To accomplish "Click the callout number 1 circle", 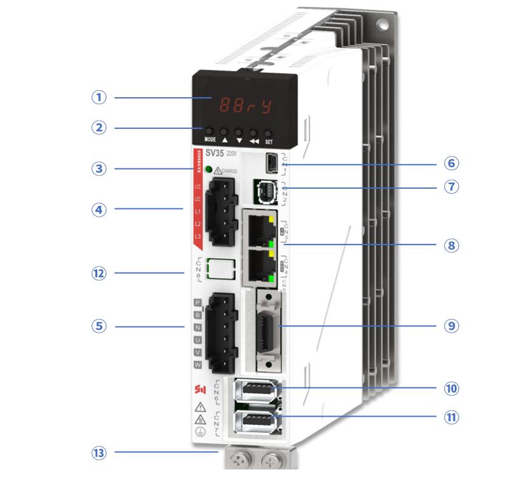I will (x=98, y=97).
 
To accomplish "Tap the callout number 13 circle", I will (x=98, y=454).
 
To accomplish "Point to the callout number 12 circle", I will (x=98, y=273).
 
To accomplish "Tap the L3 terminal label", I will (x=198, y=236).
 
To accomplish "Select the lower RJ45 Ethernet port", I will (x=259, y=265).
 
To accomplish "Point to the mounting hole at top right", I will (x=384, y=25).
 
